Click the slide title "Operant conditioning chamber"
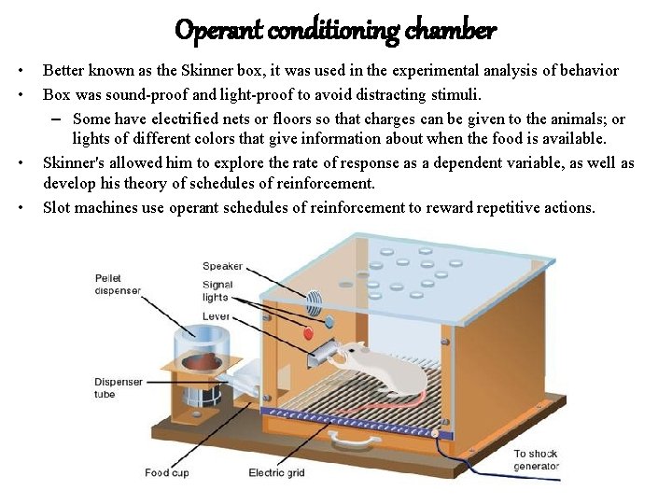(x=336, y=31)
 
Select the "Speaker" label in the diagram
(x=222, y=267)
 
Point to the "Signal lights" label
(x=217, y=290)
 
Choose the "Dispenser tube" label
(x=119, y=387)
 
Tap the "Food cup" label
(x=166, y=473)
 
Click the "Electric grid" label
(x=278, y=473)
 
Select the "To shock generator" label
(x=536, y=459)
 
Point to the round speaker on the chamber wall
(x=315, y=301)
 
